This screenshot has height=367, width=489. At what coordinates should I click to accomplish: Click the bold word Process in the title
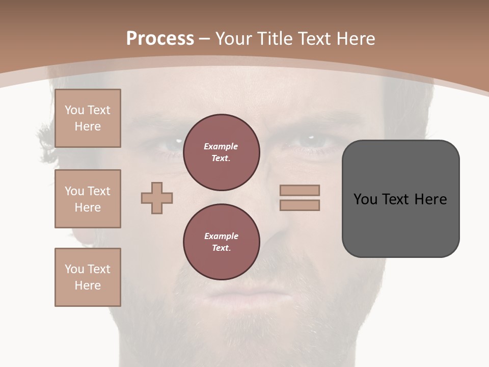pyautogui.click(x=160, y=39)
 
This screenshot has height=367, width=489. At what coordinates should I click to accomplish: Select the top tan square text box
pyautogui.click(x=88, y=118)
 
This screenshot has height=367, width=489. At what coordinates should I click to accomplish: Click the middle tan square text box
pyautogui.click(x=88, y=199)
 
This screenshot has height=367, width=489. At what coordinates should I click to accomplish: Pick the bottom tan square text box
pyautogui.click(x=88, y=277)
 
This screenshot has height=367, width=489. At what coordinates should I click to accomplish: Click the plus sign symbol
pyautogui.click(x=157, y=198)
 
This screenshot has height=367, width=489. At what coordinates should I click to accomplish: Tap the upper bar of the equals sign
pyautogui.click(x=300, y=190)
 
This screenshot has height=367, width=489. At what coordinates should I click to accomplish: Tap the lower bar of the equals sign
pyautogui.click(x=300, y=205)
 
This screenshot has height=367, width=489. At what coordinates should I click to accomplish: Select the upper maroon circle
pyautogui.click(x=221, y=152)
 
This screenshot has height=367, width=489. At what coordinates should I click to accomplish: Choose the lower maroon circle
pyautogui.click(x=221, y=242)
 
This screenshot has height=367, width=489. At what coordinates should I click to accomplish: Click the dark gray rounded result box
pyautogui.click(x=400, y=199)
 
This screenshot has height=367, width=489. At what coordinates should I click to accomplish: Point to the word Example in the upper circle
pyautogui.click(x=221, y=146)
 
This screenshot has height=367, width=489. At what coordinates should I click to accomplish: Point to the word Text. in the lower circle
pyautogui.click(x=221, y=248)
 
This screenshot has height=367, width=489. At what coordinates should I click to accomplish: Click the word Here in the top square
pyautogui.click(x=88, y=126)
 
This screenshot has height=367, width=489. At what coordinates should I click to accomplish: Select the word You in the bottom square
pyautogui.click(x=74, y=269)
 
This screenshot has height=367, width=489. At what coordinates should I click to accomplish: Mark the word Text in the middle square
pyautogui.click(x=99, y=191)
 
